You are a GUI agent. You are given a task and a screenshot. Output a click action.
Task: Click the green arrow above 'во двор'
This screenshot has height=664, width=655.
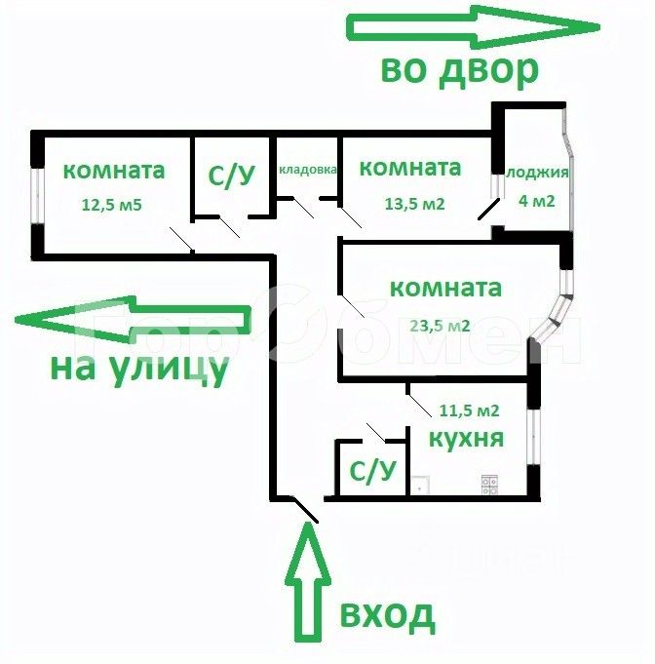474,26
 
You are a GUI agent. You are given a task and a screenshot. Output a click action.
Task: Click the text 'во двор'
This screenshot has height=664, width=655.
458,70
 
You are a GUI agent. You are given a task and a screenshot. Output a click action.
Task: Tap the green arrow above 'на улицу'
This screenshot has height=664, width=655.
132,320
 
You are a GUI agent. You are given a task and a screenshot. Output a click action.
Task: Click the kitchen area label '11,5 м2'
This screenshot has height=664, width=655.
470,410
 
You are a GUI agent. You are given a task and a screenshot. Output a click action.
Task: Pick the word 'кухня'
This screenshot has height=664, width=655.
458,439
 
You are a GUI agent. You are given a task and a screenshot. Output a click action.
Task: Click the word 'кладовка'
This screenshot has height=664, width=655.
308,170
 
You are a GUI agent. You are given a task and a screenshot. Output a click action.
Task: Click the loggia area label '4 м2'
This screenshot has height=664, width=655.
535,203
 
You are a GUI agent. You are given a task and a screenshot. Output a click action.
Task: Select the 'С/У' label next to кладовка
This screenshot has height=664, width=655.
232,176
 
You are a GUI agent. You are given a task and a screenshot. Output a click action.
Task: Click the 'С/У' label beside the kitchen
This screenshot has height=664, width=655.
372,472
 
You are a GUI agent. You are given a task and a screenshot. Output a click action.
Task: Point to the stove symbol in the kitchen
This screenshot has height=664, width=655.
489,482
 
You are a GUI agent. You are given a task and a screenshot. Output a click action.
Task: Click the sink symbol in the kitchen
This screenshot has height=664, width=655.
419,482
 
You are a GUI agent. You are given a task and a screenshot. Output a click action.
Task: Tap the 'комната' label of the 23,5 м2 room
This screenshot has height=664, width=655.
445,289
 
